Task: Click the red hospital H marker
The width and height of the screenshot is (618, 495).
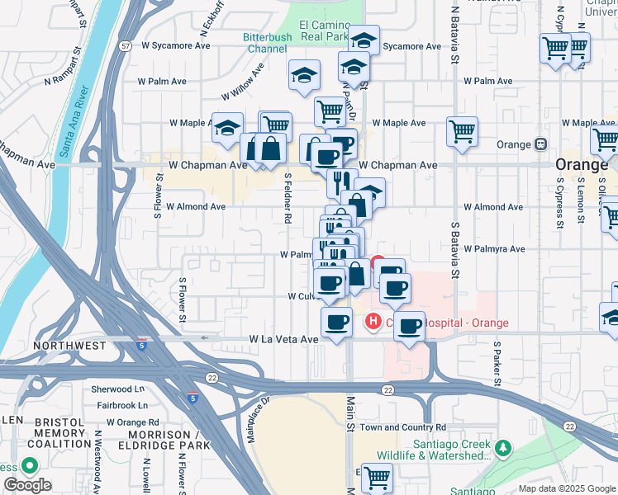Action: [373, 321]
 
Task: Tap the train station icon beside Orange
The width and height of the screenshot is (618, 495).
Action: [541, 144]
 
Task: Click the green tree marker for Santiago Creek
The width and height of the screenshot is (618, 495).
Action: [503, 449]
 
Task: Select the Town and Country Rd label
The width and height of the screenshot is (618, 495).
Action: [402, 427]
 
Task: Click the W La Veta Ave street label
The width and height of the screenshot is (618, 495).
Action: [283, 339]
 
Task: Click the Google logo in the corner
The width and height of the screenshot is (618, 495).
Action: [27, 485]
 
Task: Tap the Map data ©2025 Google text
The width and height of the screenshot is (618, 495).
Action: [567, 488]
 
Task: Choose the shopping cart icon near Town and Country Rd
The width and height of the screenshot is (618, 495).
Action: [377, 477]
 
